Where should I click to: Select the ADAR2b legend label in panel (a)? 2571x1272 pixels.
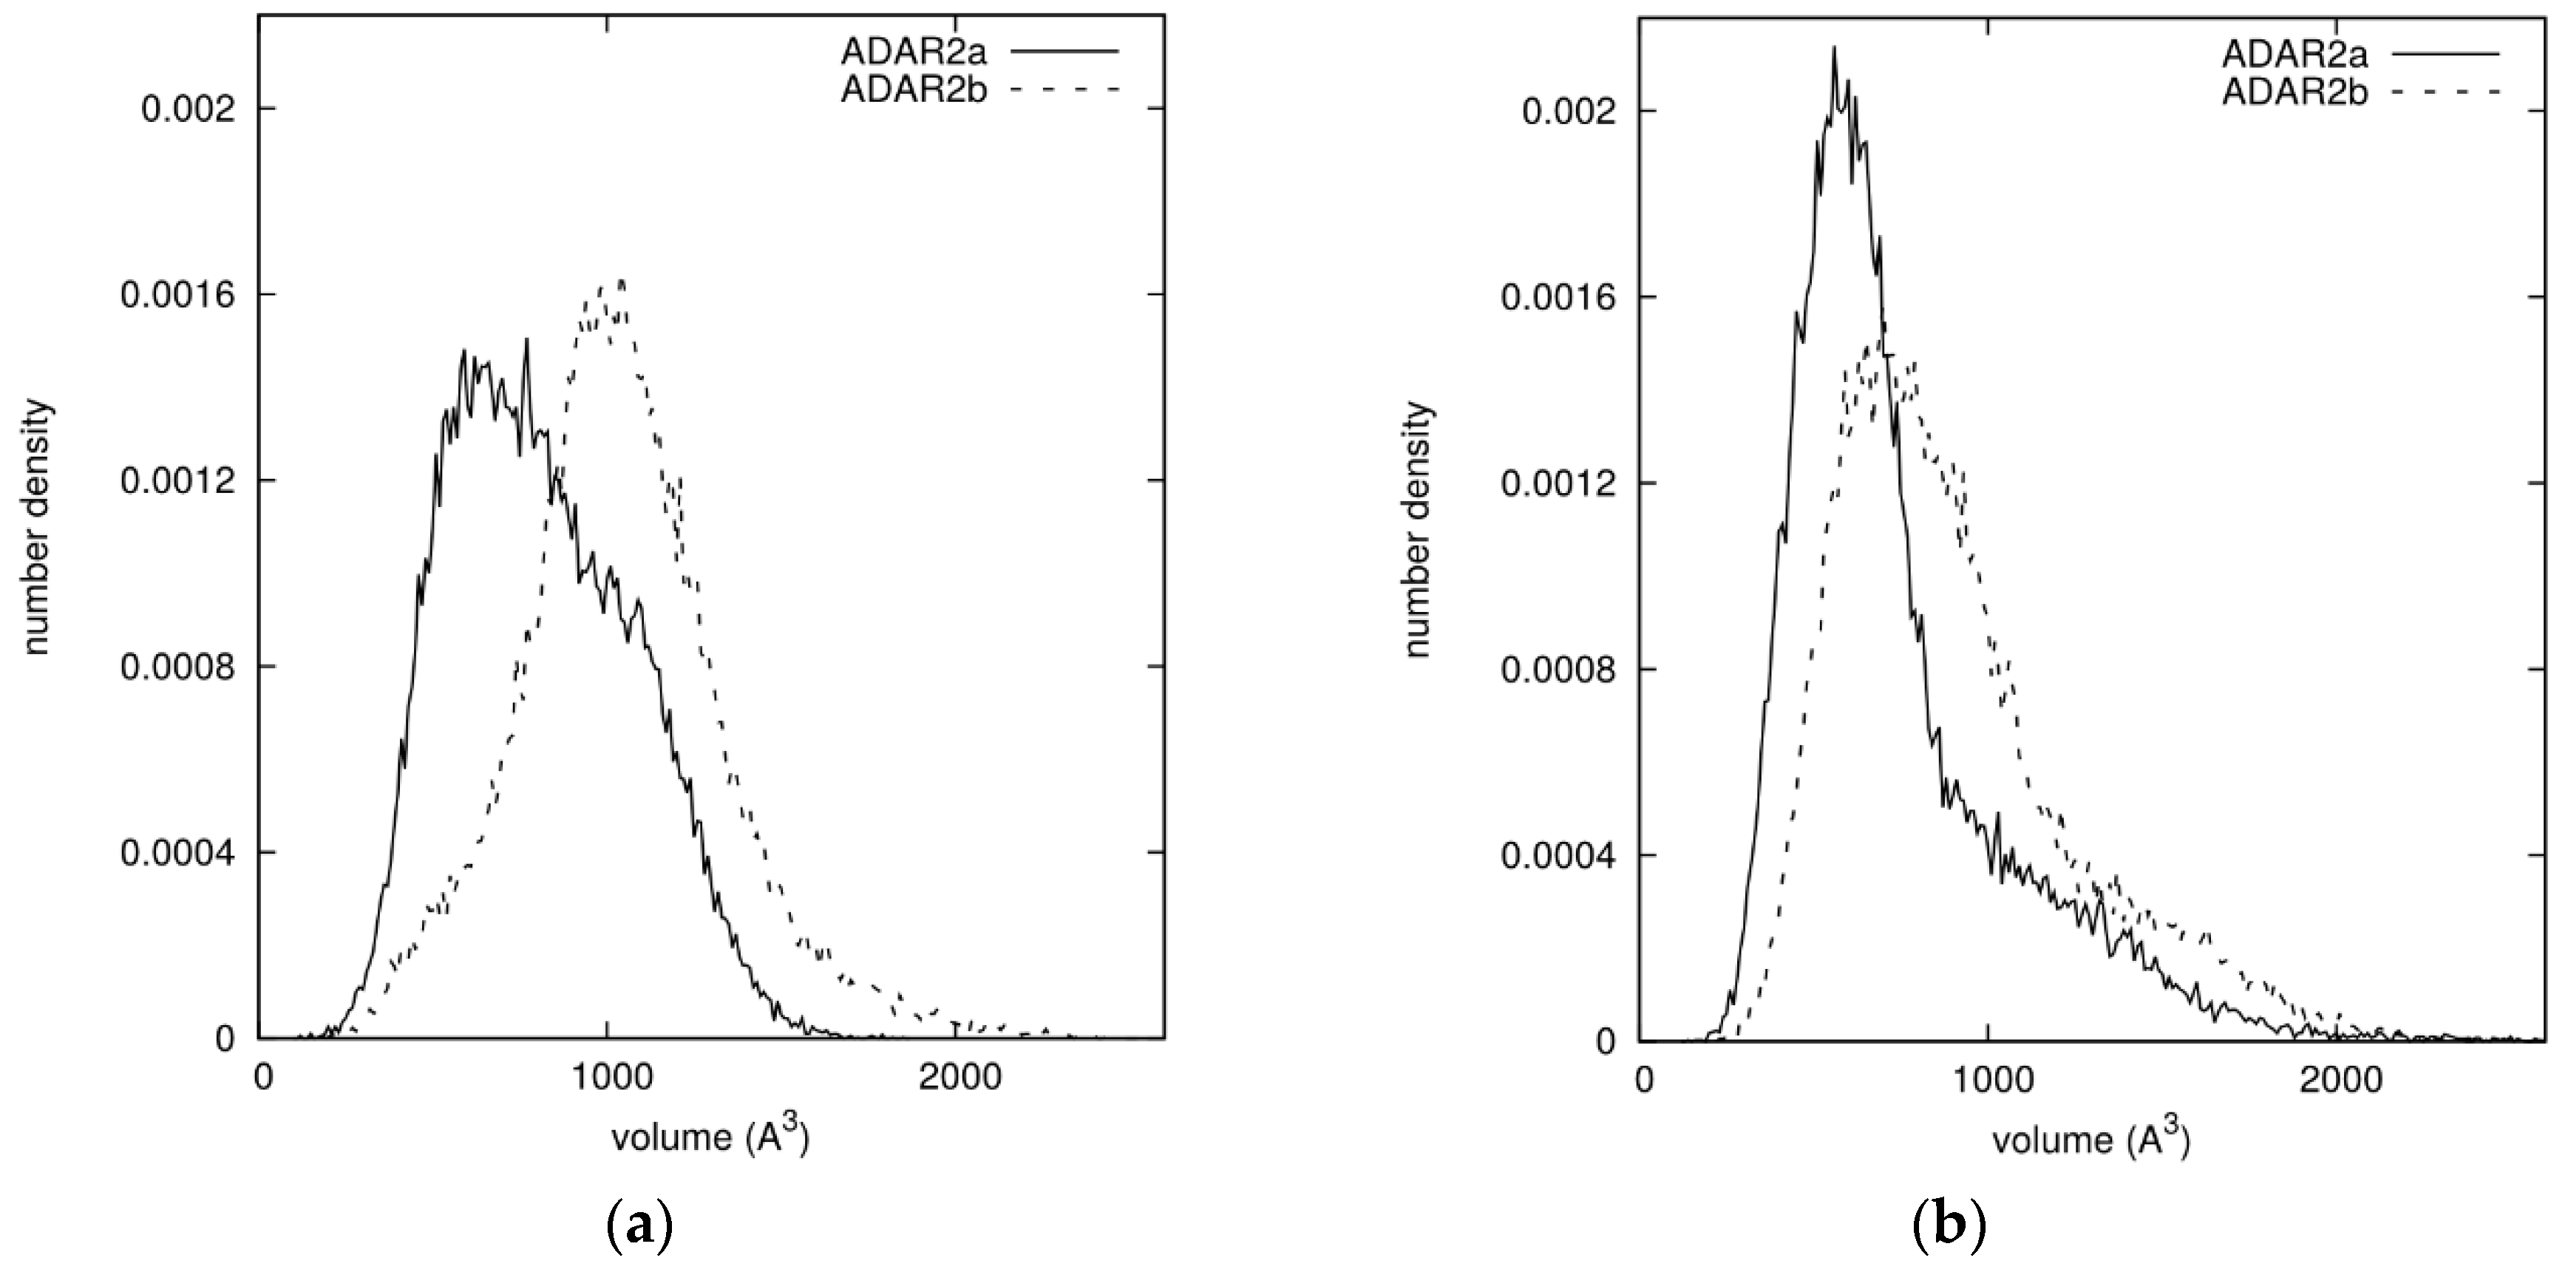[x=912, y=89]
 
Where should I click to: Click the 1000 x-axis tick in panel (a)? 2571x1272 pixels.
[x=608, y=1078]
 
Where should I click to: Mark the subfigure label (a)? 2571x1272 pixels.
[x=639, y=1222]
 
